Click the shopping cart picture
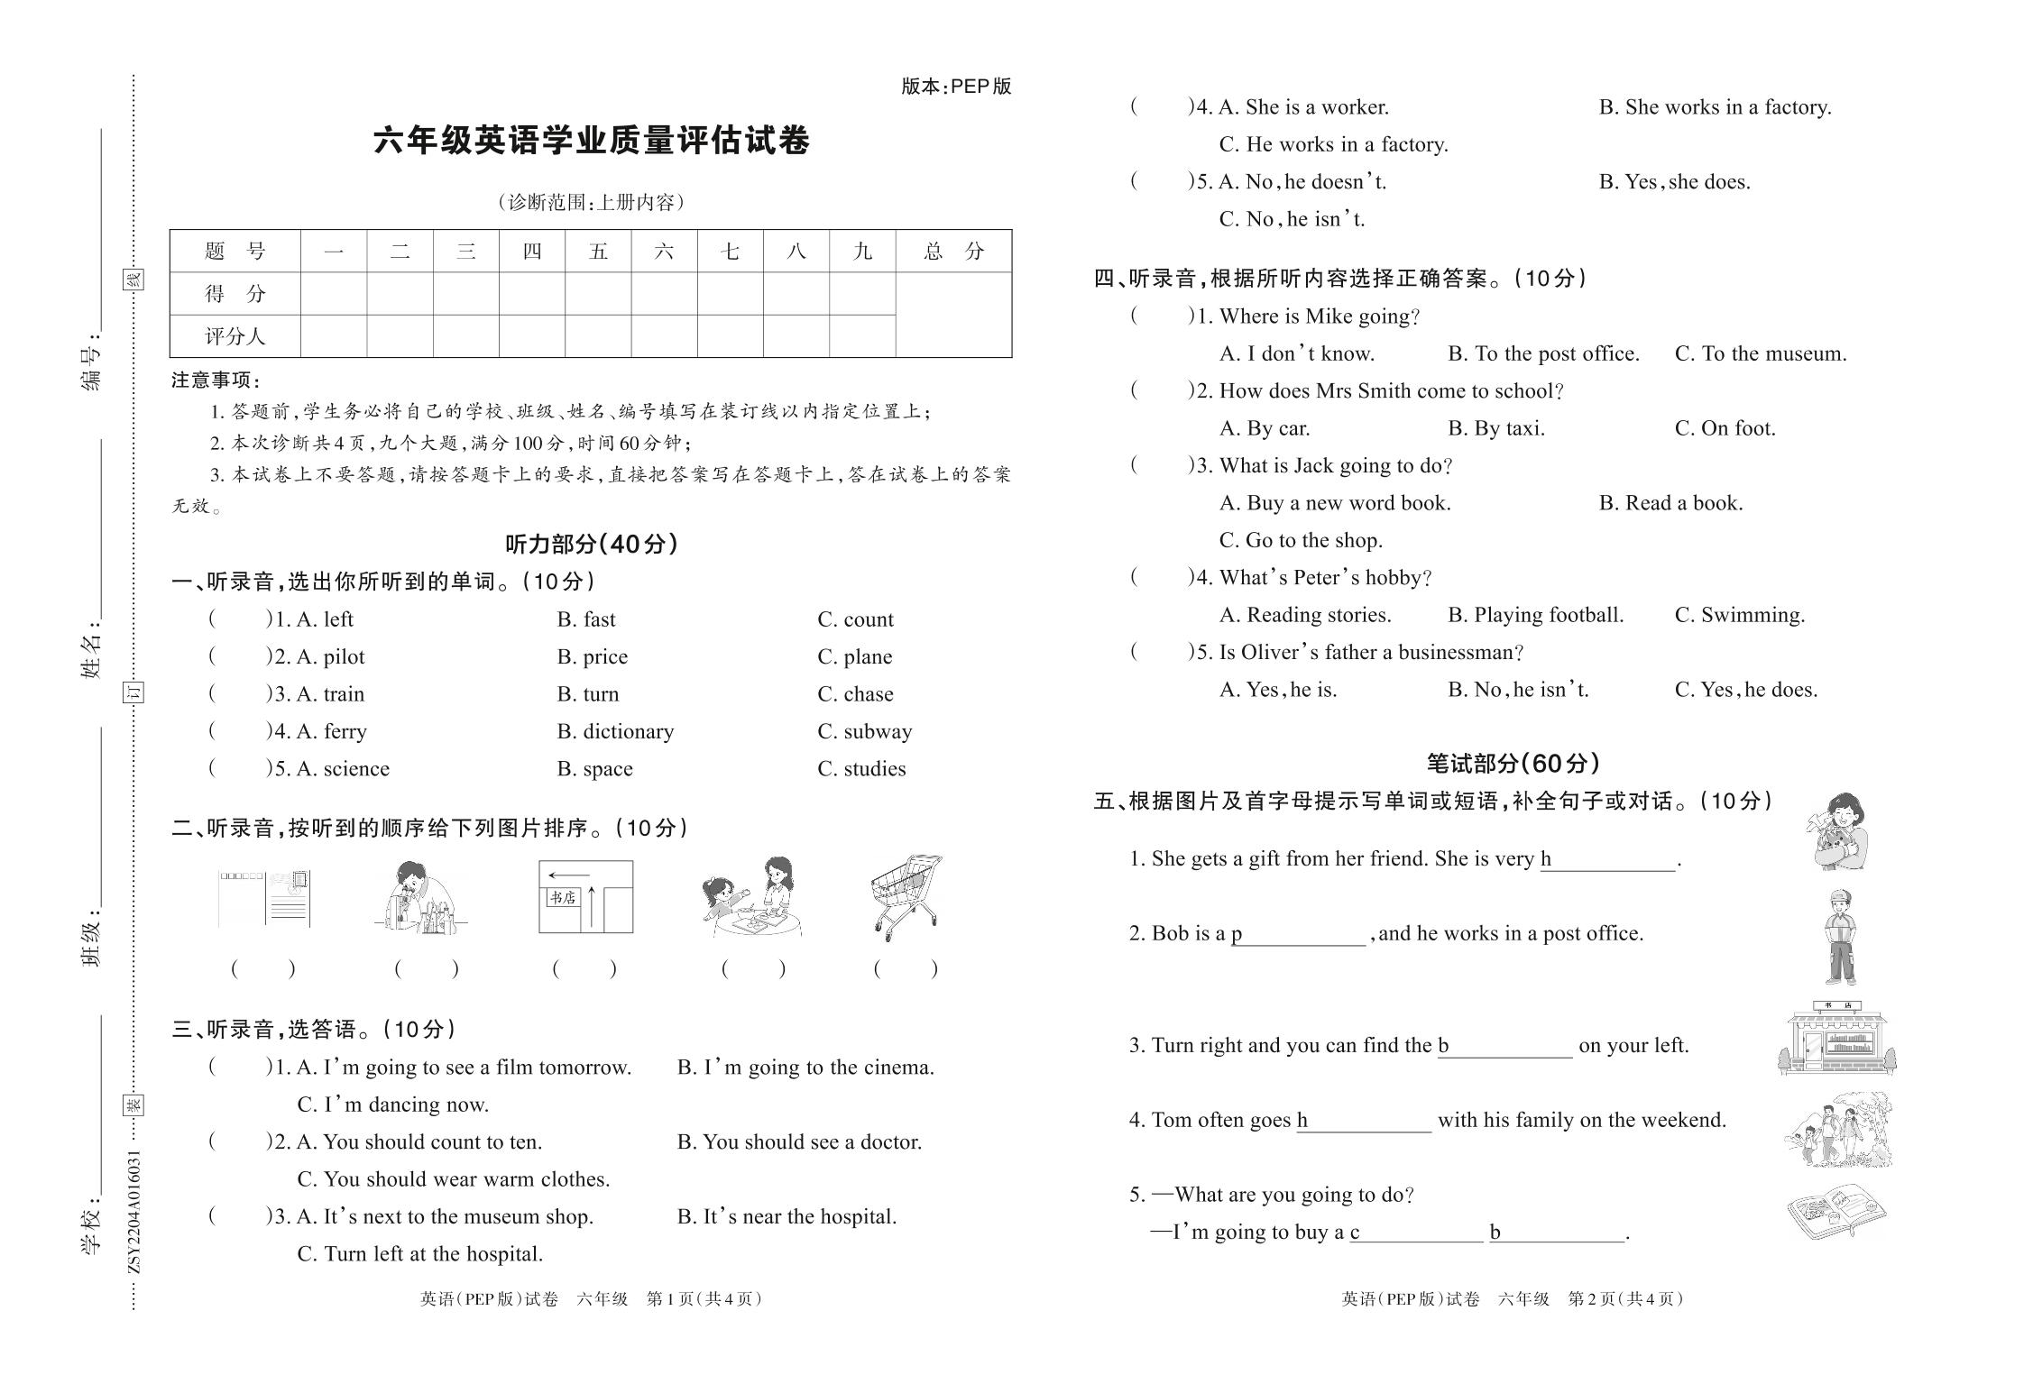click(x=906, y=898)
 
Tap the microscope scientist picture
click(x=420, y=898)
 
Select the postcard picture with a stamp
click(x=264, y=899)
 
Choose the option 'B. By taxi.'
click(x=1495, y=428)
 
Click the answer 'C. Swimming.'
click(x=1739, y=615)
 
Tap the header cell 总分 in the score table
click(x=952, y=251)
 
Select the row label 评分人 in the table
click(x=235, y=336)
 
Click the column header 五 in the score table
click(x=598, y=251)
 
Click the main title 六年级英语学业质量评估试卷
click(x=592, y=142)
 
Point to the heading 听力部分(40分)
click(x=591, y=544)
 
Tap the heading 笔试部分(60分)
click(x=1513, y=764)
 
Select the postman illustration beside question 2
click(x=1839, y=937)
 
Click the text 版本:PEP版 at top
click(x=956, y=87)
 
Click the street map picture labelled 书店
click(x=585, y=897)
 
